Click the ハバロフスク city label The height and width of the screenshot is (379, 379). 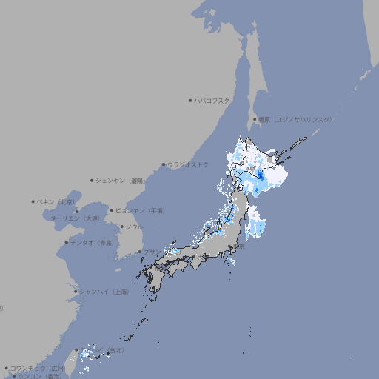click(212, 100)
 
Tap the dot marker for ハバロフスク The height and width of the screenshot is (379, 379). click(190, 100)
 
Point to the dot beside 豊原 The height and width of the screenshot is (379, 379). click(255, 119)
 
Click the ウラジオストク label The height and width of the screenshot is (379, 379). click(189, 164)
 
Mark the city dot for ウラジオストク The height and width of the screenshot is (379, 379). click(164, 164)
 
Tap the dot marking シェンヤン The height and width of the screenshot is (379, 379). click(93, 180)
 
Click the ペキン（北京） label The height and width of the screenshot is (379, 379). click(57, 201)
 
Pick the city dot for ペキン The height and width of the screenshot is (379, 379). click(33, 201)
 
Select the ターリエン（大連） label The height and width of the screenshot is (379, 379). click(75, 219)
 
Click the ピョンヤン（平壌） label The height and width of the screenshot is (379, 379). click(140, 210)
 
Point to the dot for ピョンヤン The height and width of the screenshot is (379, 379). click(112, 210)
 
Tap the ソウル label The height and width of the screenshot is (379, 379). click(134, 227)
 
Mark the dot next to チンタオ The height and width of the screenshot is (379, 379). click(67, 242)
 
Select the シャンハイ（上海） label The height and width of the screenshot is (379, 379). click(104, 292)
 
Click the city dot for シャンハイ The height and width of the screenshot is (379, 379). click(76, 292)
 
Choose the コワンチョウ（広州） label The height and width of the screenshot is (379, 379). click(38, 368)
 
